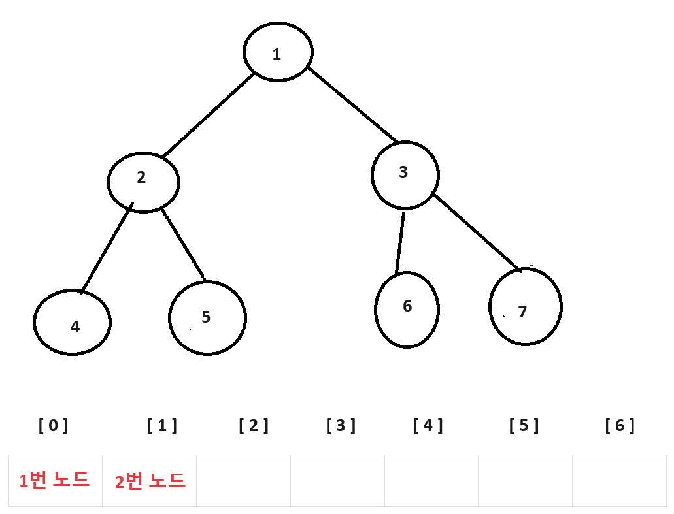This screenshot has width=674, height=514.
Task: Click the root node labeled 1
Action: coord(278,52)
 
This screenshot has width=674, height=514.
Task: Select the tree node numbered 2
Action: coord(143,182)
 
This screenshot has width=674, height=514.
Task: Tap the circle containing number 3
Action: coord(405,175)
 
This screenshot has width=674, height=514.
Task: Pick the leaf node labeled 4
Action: coord(72,323)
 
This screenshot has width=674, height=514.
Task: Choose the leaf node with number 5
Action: coord(207,318)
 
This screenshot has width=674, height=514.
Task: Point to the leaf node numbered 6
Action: coord(407,310)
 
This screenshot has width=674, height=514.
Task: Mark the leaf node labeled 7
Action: coord(525,306)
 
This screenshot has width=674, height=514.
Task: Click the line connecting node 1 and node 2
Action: coord(208,116)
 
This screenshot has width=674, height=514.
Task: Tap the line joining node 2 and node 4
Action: coord(107,248)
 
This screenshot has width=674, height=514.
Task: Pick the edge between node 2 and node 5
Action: coord(183,244)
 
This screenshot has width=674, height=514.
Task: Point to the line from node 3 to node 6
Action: coord(400,242)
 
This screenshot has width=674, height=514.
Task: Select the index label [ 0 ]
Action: coord(54,426)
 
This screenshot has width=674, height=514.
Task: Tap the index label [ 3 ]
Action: coord(341,426)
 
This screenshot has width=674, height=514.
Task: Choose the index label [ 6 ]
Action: coord(620,426)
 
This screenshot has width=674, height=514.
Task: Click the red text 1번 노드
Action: coord(54,481)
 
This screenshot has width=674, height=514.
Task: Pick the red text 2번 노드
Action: coord(150,481)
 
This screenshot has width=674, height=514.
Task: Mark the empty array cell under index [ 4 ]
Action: coord(431,481)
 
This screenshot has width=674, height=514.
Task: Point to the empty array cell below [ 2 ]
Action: coord(243,481)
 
